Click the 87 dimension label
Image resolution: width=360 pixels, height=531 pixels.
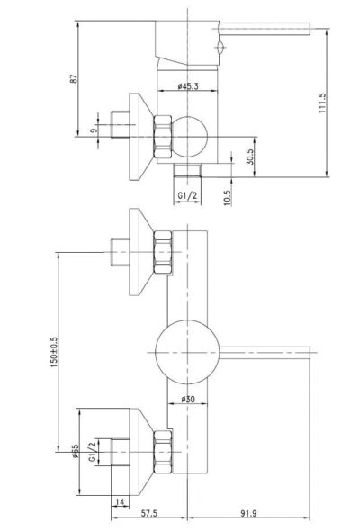coord(74,79)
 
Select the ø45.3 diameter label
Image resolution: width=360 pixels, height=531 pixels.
coord(188,86)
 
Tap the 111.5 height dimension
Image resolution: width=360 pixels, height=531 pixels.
coord(322,103)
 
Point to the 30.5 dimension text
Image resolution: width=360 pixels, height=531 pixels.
coord(249,157)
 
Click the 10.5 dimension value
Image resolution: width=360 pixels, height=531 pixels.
coord(228,197)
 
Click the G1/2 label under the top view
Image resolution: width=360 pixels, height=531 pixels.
coord(187,195)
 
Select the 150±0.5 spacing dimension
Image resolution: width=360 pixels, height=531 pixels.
coord(53,352)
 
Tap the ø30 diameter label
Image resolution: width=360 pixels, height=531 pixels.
coord(188,400)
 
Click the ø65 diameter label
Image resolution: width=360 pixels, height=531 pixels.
coord(75,451)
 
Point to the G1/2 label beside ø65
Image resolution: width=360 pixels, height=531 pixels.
coord(92,452)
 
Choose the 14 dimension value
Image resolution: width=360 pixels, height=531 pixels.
coord(121,502)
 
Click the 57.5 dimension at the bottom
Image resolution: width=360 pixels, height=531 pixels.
coord(149,513)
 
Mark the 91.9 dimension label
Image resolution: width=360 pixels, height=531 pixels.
coord(248,513)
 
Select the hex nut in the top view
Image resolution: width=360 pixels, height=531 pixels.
coord(163,137)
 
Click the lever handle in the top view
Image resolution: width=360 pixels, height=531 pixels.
coord(265,29)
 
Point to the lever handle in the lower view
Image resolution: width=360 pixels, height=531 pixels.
coord(265,353)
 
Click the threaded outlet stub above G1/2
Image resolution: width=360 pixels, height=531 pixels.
coord(187,170)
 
